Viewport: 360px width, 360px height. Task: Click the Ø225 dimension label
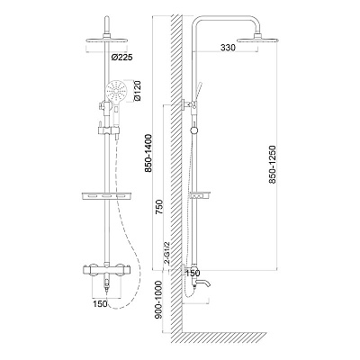[121, 58]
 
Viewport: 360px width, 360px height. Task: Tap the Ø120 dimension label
[138, 91]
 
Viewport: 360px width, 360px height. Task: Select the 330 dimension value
[228, 48]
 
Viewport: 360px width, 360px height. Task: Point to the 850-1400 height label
[148, 153]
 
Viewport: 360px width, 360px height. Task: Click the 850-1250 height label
[272, 165]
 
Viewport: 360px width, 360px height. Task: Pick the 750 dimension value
[159, 206]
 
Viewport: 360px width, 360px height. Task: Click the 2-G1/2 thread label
[167, 253]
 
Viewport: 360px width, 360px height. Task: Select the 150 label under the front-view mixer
[100, 303]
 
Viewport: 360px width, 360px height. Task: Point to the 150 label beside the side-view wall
[193, 273]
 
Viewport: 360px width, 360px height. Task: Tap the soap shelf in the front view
[106, 195]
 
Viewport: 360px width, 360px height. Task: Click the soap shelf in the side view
[200, 195]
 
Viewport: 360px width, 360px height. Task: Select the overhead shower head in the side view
[258, 39]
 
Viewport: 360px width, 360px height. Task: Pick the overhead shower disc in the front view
[106, 40]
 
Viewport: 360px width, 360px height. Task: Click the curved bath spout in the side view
[202, 283]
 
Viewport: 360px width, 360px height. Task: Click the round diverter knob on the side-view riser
[194, 130]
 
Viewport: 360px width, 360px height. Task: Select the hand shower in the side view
[198, 92]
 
